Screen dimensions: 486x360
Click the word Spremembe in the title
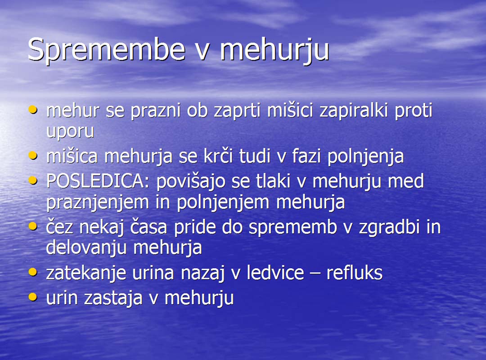tap(106, 50)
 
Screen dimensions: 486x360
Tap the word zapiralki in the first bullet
tap(354, 111)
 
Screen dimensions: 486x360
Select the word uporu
tap(70, 131)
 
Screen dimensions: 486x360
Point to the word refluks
tap(354, 273)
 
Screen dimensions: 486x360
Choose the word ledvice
tap(275, 273)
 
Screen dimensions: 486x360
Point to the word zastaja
tap(113, 298)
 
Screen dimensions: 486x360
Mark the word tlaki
tap(273, 181)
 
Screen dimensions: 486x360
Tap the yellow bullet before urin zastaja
tap(33, 297)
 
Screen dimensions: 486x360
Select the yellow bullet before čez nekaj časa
tap(33, 226)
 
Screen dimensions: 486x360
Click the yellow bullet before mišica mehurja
tap(33, 155)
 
